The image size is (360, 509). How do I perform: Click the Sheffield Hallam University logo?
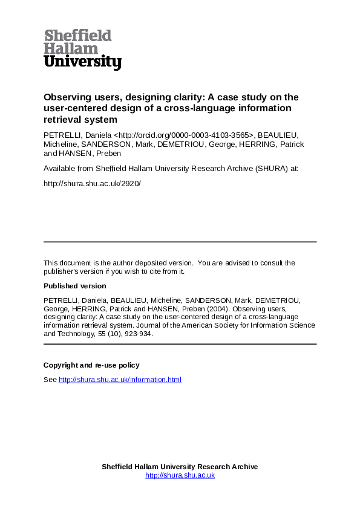(82, 50)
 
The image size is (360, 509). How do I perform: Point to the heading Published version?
(74, 286)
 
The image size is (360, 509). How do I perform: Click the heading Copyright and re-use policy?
(91, 365)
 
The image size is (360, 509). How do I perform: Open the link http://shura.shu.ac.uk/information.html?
(120, 380)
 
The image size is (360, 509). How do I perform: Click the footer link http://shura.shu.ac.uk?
(180, 475)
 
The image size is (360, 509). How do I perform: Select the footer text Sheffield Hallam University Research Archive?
(180, 467)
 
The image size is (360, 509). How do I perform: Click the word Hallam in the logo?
(71, 48)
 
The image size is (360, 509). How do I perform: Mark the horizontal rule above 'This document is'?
(180, 242)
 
